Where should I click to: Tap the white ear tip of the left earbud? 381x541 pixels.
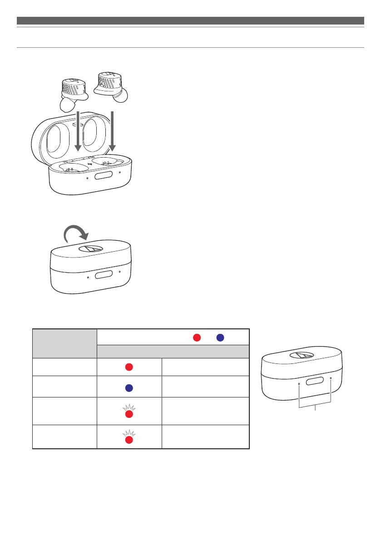click(x=66, y=106)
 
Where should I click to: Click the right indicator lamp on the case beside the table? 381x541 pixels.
click(x=331, y=378)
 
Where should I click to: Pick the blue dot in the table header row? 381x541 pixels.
click(x=220, y=338)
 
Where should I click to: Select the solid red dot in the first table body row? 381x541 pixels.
click(x=129, y=367)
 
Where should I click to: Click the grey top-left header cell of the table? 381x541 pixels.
click(x=64, y=343)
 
